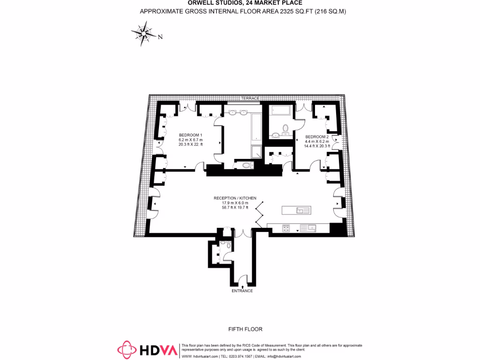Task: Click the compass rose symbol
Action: coord(144,34)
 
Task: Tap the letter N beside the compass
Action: coord(160,37)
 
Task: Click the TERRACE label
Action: coord(250,98)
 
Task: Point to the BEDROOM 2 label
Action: coord(317,136)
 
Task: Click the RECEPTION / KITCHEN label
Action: coord(235,198)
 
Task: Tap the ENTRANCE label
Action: coord(242,291)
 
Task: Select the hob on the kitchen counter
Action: coord(285,228)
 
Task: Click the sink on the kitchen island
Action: coord(301,210)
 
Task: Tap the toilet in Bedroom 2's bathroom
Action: coord(284,129)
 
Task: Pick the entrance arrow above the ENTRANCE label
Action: coord(242,285)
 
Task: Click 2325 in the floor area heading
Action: coord(280,11)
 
